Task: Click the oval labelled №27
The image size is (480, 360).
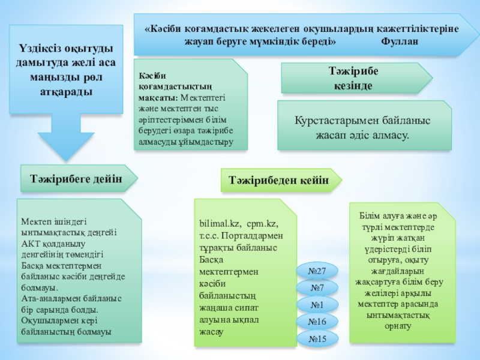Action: [317, 272]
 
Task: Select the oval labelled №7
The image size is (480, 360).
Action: [317, 289]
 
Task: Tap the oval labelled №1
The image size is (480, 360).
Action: [317, 305]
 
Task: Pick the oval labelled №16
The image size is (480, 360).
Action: [317, 322]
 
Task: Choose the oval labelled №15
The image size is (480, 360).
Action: [317, 339]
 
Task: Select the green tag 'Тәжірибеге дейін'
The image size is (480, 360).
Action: [77, 178]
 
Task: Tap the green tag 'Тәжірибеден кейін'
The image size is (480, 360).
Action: [278, 180]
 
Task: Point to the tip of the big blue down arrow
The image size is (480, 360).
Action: [59, 161]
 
